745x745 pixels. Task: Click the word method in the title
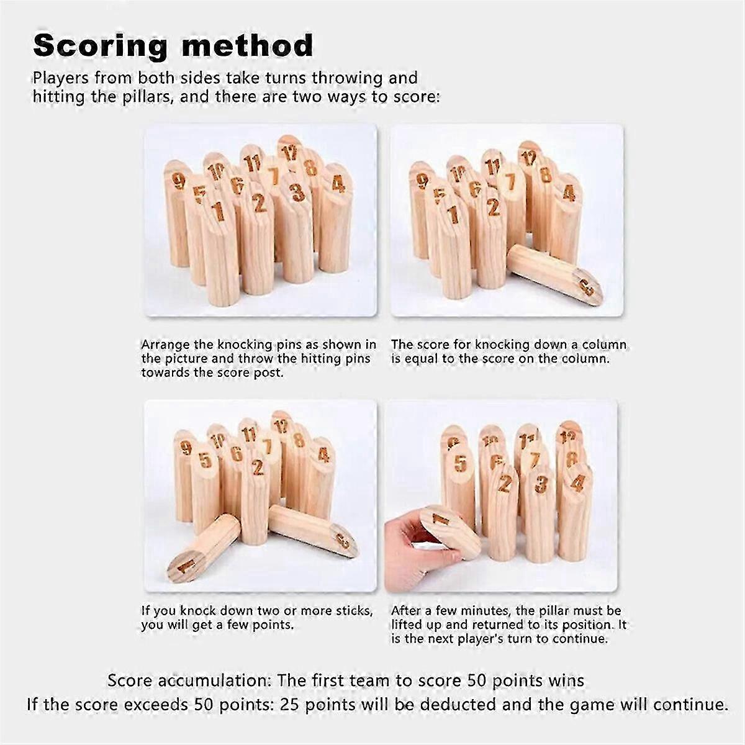pos(248,45)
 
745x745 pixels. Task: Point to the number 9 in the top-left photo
pos(178,181)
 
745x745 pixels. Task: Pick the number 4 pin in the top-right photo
pos(565,219)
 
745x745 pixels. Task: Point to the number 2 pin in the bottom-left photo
pos(256,499)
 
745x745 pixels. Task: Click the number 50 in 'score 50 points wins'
pos(476,680)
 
